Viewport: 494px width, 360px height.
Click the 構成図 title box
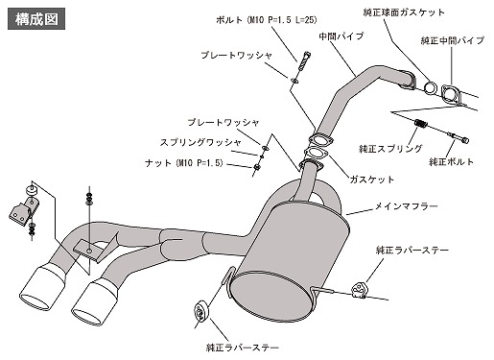click(36, 19)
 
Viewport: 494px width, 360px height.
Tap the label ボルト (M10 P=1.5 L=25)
click(267, 20)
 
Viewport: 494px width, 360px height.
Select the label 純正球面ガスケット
click(404, 12)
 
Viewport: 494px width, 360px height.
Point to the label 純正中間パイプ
click(453, 40)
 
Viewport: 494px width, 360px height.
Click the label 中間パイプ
click(341, 36)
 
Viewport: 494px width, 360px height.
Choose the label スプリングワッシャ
click(200, 142)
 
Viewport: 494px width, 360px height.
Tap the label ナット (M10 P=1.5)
click(184, 163)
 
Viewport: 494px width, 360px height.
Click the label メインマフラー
click(406, 206)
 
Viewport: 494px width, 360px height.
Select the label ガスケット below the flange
click(372, 180)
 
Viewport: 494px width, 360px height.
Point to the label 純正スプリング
click(390, 149)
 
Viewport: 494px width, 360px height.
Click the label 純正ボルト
click(451, 161)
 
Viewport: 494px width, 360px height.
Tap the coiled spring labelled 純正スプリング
click(420, 124)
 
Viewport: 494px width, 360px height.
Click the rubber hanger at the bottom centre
click(200, 313)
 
